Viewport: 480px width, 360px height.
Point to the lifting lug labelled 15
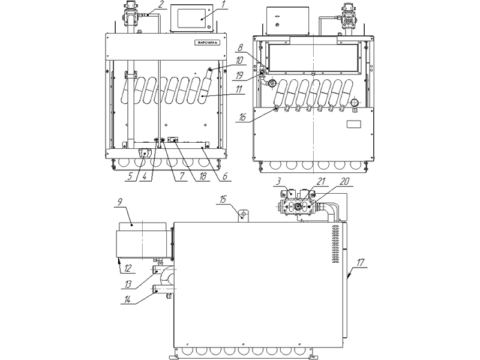pos(244,214)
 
